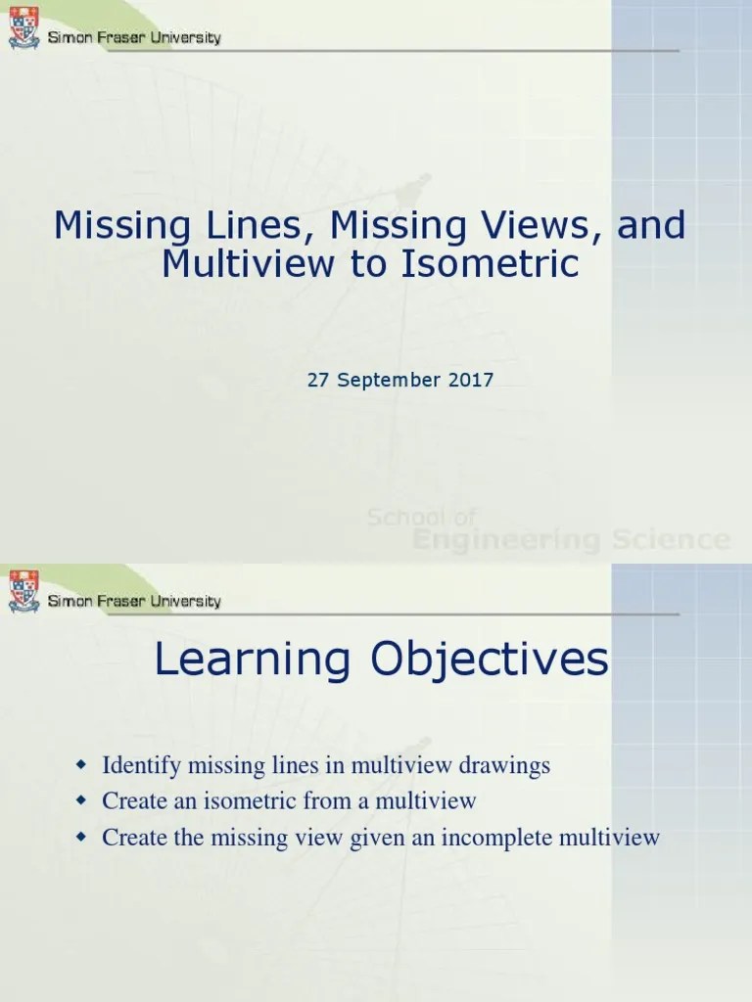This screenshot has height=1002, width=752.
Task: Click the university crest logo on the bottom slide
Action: tap(24, 591)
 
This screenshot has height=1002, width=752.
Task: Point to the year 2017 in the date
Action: tap(471, 380)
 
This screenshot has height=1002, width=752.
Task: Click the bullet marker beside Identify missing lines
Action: tap(82, 763)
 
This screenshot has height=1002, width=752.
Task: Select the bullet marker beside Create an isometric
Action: tap(82, 800)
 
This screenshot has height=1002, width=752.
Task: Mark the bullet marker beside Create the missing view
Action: tap(82, 837)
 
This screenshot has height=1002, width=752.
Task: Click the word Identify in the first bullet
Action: tap(140, 765)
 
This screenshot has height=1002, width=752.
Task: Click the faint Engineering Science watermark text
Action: tap(571, 539)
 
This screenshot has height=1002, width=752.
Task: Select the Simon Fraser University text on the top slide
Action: tap(135, 38)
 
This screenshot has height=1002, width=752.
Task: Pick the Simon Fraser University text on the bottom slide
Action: tap(135, 600)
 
